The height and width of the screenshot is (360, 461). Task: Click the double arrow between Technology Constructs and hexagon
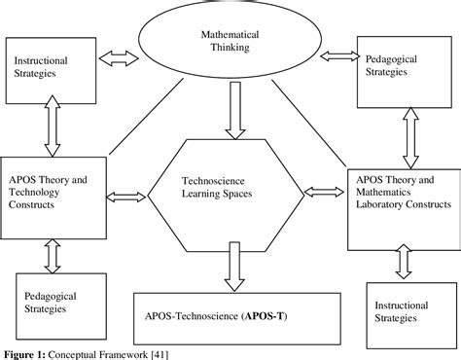click(125, 198)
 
